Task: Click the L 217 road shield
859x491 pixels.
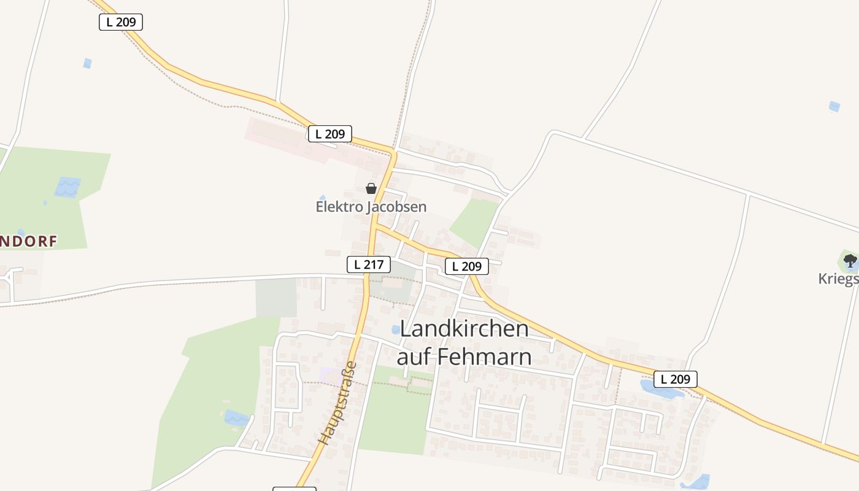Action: pos(369,265)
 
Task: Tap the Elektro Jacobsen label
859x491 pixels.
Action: pos(371,207)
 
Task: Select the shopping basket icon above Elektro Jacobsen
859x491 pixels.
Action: pos(371,188)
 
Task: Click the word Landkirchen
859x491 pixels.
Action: pos(464,328)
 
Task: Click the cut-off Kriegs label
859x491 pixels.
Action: pos(838,279)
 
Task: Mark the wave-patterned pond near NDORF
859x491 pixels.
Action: pos(67,187)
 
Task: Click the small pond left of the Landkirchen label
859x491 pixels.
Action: pos(396,330)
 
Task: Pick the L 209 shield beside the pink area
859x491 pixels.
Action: pos(329,134)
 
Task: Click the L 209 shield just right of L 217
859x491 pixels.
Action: pos(466,266)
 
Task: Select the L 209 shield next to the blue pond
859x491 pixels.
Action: pos(675,379)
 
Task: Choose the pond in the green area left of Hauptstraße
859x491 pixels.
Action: pos(237,419)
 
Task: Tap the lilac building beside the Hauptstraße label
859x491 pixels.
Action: pos(329,374)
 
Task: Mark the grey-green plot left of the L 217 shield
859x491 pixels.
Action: pos(276,297)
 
